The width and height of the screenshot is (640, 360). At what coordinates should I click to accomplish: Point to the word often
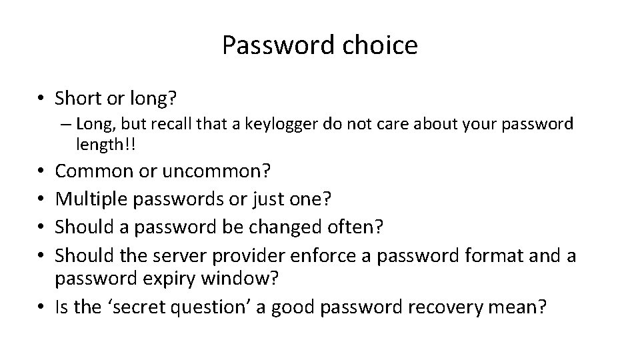point(359,227)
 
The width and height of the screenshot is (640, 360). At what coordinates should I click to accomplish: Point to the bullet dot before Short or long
point(41,99)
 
